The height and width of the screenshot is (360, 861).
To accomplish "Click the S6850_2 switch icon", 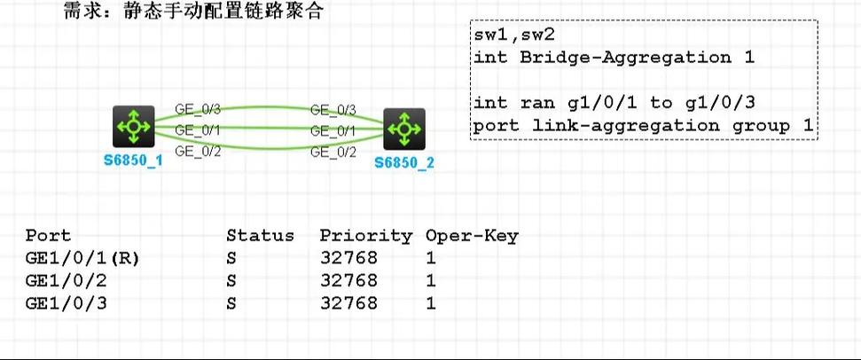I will click(x=404, y=129).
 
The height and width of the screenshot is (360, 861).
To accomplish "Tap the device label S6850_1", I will click(x=133, y=163).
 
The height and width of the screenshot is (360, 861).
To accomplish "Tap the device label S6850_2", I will click(x=404, y=164).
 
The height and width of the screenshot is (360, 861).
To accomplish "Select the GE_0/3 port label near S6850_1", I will click(x=197, y=110).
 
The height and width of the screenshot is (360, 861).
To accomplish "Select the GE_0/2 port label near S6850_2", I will click(x=333, y=152).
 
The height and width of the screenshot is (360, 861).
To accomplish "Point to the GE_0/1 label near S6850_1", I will click(x=197, y=130).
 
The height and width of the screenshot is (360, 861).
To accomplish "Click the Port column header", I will click(x=49, y=236).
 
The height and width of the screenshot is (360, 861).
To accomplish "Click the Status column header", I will click(x=260, y=236).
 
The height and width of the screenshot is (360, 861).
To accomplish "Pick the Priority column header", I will click(x=365, y=236).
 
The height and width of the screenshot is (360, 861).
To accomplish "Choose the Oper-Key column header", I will click(x=471, y=236).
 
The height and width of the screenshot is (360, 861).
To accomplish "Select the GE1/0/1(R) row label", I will click(x=83, y=258).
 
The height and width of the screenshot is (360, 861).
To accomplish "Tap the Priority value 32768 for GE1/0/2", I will click(x=348, y=281).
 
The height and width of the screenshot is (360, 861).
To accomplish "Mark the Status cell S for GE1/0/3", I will click(x=231, y=303).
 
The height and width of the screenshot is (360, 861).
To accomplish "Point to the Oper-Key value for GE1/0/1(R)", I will click(x=431, y=258).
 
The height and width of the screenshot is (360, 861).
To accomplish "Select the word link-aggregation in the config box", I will click(x=618, y=125).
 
